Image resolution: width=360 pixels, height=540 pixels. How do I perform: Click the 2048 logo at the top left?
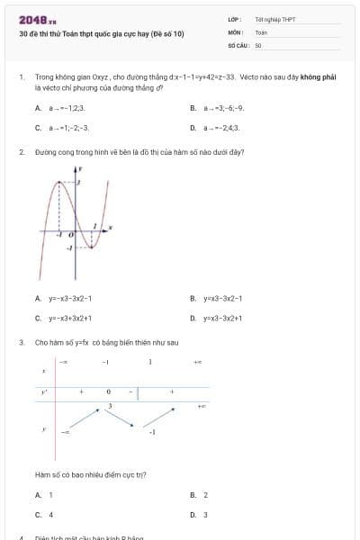tap(37, 19)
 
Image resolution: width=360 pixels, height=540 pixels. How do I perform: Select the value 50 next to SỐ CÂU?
tap(258, 44)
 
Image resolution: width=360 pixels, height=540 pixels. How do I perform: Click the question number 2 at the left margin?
tap(22, 152)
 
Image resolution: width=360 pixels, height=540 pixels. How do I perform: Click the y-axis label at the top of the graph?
tap(80, 168)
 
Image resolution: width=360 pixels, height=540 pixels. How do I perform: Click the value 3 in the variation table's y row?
tap(109, 407)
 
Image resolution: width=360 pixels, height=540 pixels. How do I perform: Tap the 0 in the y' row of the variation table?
tap(108, 392)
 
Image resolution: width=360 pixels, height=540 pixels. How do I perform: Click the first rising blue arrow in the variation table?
tap(85, 420)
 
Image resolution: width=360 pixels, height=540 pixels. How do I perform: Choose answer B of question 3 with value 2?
tap(205, 495)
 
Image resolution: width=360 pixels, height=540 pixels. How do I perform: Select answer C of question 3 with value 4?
tap(50, 515)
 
